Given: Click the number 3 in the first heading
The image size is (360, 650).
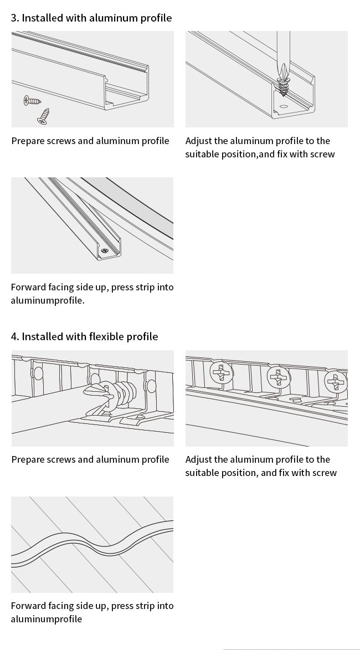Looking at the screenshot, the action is pos(14,18).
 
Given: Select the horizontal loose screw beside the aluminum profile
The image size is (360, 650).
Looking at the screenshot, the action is pos(32,100).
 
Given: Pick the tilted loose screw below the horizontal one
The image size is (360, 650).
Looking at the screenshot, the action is pos(43,116).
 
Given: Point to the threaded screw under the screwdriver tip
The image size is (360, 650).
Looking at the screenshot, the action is pos(284,87).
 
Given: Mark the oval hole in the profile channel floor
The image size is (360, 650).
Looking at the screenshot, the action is pos(284,106).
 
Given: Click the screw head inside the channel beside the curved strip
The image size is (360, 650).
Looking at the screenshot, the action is pos(105,251).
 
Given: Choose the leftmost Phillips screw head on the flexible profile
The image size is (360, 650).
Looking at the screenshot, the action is pos(222,372).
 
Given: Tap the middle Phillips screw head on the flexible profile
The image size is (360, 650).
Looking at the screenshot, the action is pos(278,377).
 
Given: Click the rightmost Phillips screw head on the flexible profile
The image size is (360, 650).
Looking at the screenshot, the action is pos(336,382).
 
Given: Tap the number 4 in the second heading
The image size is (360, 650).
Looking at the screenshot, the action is pos(14,336).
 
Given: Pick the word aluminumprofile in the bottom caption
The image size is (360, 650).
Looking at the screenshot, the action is pos(47,619).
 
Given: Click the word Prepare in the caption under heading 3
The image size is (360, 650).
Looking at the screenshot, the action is pos(28,141).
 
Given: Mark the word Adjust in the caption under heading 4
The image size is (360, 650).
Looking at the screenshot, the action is pos(198,460).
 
